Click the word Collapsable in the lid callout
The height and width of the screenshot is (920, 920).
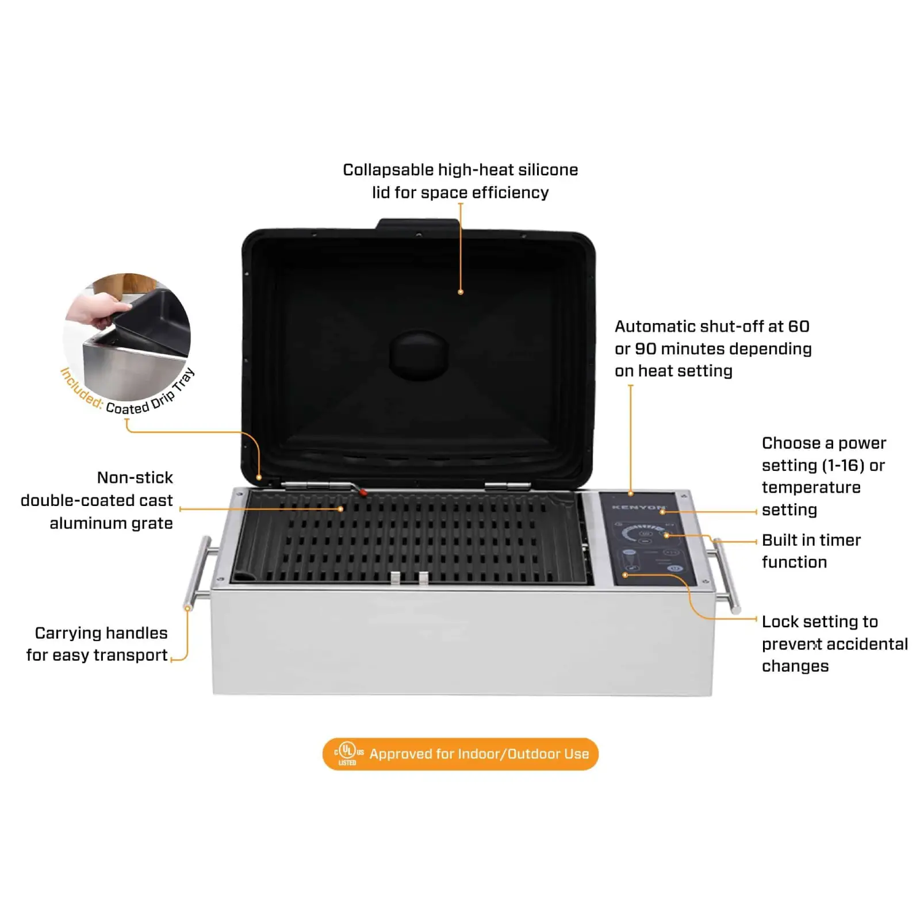pos(388,170)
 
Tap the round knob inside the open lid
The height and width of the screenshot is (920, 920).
pos(419,355)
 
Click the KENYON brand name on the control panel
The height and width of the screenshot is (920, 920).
pos(638,507)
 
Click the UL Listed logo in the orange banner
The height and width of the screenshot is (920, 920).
pos(348,753)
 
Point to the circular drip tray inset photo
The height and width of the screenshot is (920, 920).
pos(127,337)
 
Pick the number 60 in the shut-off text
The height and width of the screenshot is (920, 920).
pos(799,327)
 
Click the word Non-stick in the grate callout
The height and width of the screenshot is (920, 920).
pos(135,478)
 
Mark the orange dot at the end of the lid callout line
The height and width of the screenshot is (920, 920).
pos(461,292)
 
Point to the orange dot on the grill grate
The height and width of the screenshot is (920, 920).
pos(340,509)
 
